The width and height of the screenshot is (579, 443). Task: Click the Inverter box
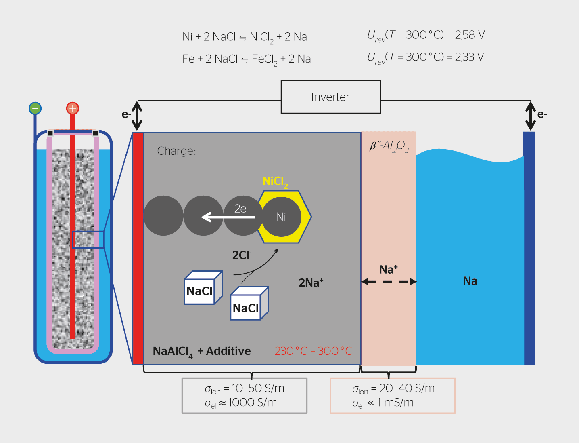[330, 97]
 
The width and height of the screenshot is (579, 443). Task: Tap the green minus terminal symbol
[35, 108]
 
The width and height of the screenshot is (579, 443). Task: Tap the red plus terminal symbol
[72, 108]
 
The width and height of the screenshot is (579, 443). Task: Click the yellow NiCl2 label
[275, 182]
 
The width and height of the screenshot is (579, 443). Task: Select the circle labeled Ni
[281, 217]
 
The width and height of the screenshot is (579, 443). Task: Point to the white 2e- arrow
[228, 217]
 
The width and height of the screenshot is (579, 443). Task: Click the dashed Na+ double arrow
[389, 281]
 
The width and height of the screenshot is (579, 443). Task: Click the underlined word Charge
[176, 151]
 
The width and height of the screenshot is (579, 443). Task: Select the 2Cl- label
[241, 255]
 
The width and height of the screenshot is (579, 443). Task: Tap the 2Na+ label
[311, 283]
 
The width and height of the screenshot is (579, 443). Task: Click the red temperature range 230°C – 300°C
[313, 351]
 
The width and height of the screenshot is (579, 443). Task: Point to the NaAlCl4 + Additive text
[201, 351]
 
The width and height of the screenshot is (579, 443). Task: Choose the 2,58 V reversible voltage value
[470, 35]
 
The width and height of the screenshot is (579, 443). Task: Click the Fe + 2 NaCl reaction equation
[246, 59]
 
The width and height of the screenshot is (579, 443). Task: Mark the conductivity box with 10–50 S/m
[244, 395]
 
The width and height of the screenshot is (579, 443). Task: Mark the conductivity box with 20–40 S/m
[392, 395]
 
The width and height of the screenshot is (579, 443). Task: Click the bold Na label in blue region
[470, 281]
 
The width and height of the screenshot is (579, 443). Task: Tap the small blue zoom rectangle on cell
[88, 239]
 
